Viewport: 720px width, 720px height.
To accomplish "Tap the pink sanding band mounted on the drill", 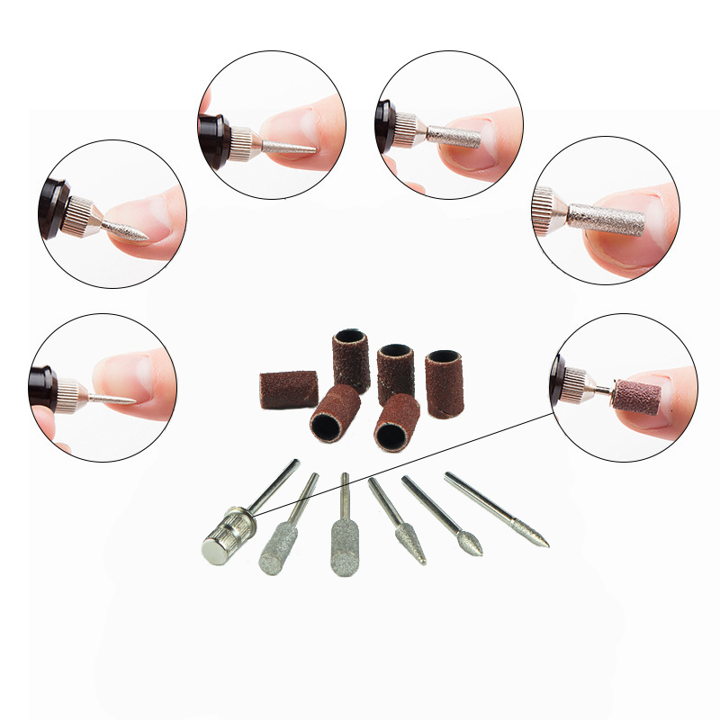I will pos(636,396).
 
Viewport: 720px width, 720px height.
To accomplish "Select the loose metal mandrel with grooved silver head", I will pos(223,538).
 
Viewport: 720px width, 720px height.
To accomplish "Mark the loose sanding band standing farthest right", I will pos(443,382).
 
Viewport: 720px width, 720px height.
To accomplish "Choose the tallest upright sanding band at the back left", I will pos(351,360).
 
